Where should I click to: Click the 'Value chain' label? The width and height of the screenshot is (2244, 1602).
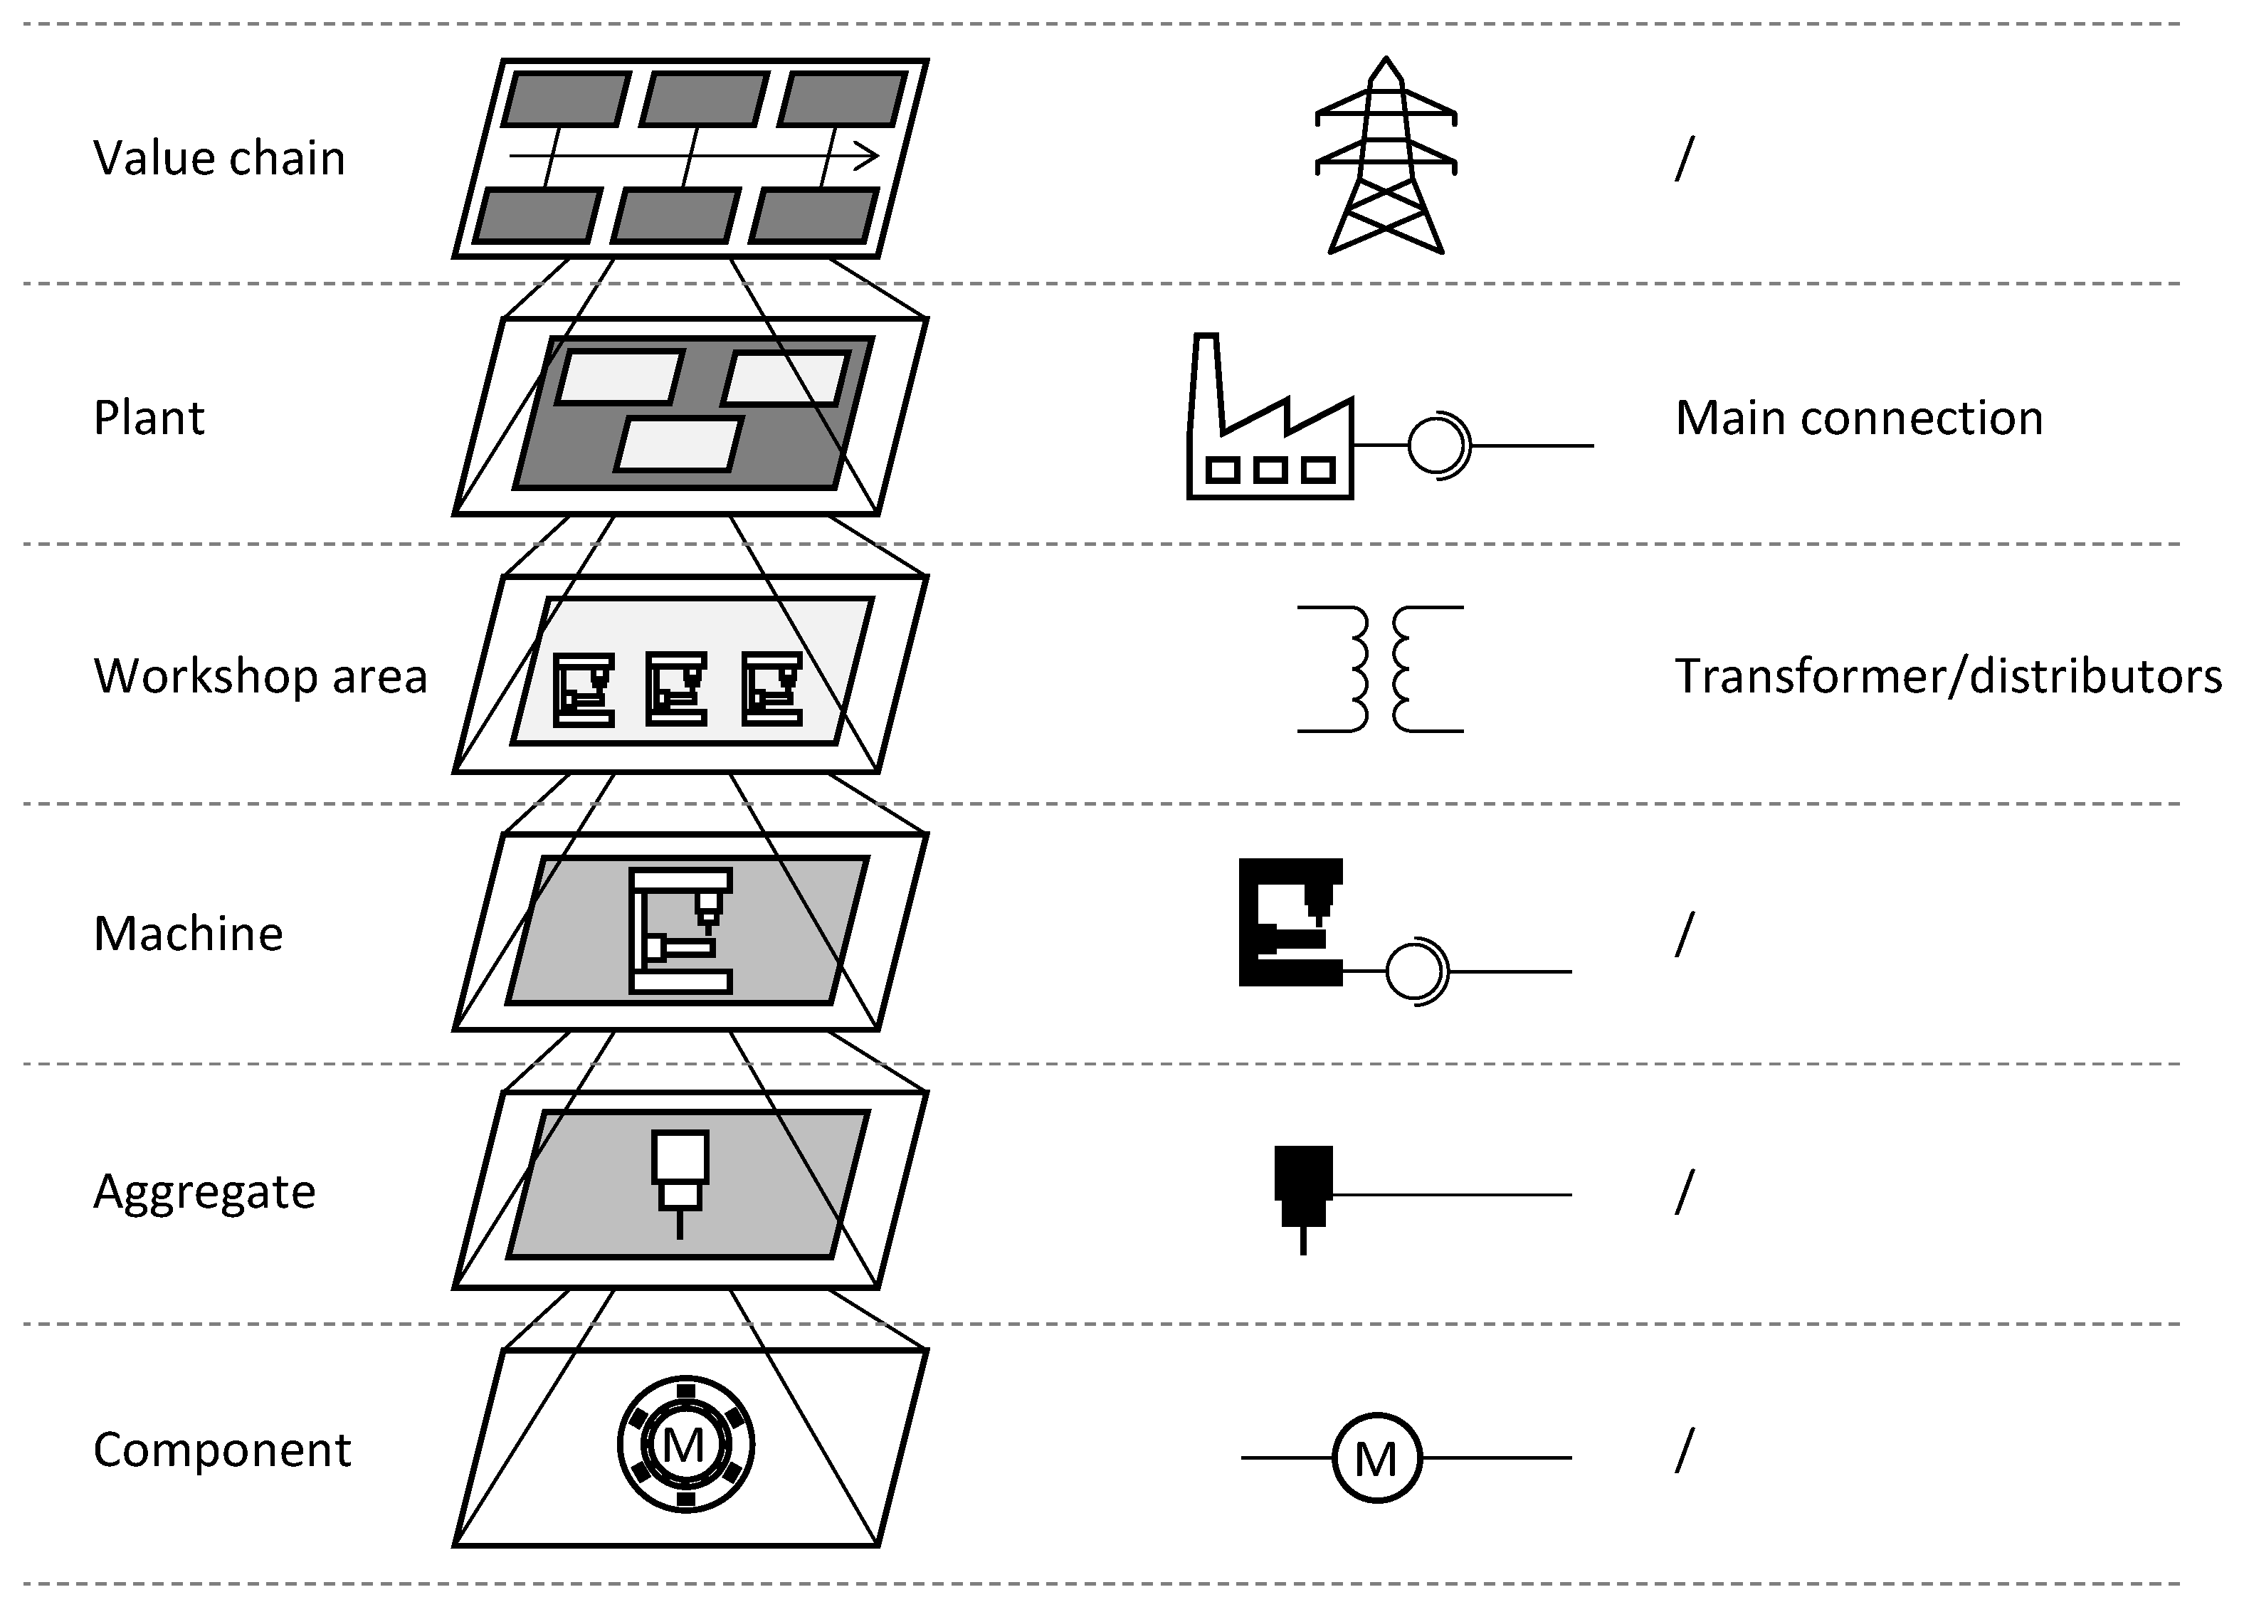click(219, 159)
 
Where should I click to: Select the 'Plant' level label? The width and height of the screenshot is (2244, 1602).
click(149, 418)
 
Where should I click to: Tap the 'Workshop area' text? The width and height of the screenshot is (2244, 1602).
click(260, 677)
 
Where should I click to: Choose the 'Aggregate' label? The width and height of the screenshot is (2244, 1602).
click(204, 1193)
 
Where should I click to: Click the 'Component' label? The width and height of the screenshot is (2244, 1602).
click(222, 1451)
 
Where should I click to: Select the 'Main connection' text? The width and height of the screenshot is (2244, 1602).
click(1858, 418)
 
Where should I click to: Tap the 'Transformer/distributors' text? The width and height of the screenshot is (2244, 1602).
click(1948, 677)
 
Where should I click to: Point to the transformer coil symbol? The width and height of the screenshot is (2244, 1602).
click(1380, 669)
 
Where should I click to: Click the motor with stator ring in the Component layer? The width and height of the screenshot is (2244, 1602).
click(685, 1445)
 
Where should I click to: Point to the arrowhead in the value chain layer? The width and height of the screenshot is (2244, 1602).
click(868, 156)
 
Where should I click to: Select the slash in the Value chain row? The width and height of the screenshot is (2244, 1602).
click(1684, 159)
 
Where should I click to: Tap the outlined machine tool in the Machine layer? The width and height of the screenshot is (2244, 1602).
click(680, 930)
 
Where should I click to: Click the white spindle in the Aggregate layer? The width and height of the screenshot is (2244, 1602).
click(680, 1174)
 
